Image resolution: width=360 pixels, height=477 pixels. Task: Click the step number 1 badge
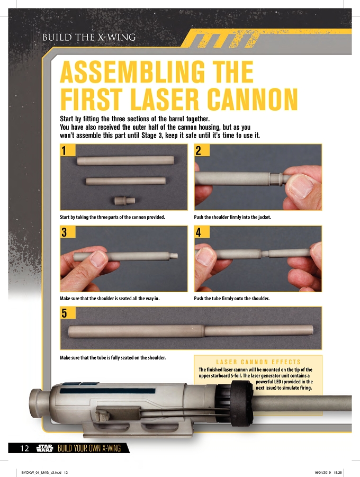(x=68, y=150)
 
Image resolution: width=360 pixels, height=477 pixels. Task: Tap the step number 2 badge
(x=202, y=150)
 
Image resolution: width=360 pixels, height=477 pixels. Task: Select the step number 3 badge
(x=68, y=232)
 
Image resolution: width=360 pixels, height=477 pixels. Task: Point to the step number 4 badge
(x=202, y=232)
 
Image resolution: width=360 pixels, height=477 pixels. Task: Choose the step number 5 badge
(x=68, y=313)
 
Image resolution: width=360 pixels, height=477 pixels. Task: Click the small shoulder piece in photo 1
(x=124, y=201)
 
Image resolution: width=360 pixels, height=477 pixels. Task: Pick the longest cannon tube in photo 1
(x=125, y=160)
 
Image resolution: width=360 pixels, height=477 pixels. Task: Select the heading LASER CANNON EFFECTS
(x=258, y=362)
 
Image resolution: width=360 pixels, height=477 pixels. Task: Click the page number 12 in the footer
(x=25, y=448)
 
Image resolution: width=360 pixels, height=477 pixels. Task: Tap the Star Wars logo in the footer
(x=44, y=448)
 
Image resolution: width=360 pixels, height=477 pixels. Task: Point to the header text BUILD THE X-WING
(x=89, y=38)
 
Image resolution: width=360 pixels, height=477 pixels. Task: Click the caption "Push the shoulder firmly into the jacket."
(x=232, y=217)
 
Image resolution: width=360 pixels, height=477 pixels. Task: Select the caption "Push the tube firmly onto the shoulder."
(x=231, y=299)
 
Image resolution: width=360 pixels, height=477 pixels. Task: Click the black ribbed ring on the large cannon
(x=241, y=399)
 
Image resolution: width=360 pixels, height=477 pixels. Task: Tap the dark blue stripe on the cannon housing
(x=107, y=391)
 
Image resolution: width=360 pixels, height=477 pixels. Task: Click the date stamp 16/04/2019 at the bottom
(x=322, y=473)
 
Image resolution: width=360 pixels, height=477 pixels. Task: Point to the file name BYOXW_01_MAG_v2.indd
(x=41, y=473)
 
